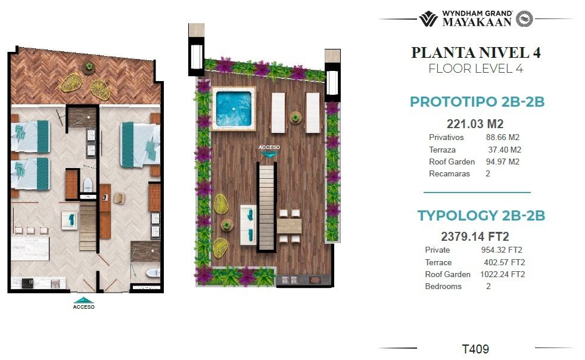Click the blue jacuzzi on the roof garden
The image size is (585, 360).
pos(234,108)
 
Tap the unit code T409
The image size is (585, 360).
pos(475,349)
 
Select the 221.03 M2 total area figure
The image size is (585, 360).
pos(475,123)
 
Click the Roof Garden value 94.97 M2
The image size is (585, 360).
pos(503,162)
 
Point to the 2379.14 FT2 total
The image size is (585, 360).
pos(475,237)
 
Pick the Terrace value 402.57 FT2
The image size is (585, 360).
pos(505,262)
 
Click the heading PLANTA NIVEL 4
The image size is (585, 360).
pos(476,52)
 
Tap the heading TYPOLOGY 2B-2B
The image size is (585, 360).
pos(481,216)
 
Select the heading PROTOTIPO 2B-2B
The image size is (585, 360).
pos(477,101)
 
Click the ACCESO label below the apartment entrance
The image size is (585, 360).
pos(83,307)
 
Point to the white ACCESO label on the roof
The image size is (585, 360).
pos(269,147)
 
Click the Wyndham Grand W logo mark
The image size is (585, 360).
pos(428,18)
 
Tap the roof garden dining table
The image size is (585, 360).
pos(289,226)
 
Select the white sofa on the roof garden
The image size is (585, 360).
pos(248,225)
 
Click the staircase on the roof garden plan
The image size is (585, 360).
pos(266,207)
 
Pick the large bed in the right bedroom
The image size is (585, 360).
pos(140,144)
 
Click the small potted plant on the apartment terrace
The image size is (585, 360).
pos(89,67)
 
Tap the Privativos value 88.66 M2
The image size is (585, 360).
pos(503,138)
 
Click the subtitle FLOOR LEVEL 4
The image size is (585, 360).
pos(476,69)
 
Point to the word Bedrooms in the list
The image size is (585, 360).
pos(443,287)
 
